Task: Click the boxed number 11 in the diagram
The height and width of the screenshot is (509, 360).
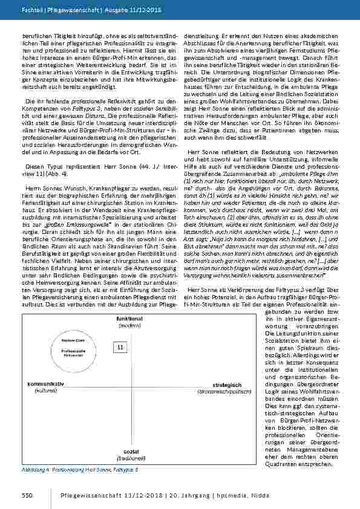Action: click(120, 346)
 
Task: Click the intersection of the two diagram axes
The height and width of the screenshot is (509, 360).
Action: click(129, 387)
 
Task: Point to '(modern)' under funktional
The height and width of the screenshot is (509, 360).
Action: click(129, 325)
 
